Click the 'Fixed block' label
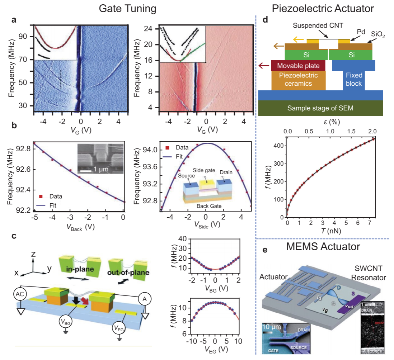[x=355, y=79]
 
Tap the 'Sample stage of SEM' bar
[x=320, y=108]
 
